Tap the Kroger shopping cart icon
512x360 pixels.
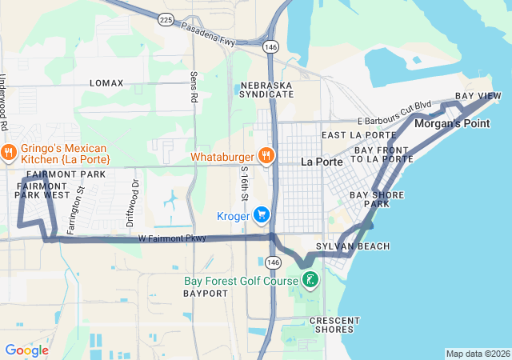pyautogui.click(x=261, y=214)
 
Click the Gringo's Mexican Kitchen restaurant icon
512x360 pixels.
pyautogui.click(x=9, y=151)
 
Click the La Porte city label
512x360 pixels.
pyautogui.click(x=322, y=162)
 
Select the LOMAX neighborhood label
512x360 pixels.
pyautogui.click(x=106, y=83)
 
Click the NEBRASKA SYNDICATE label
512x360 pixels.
pyautogui.click(x=266, y=89)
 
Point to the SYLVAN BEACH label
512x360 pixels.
pyautogui.click(x=353, y=246)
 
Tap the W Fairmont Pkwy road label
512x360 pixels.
pyautogui.click(x=172, y=238)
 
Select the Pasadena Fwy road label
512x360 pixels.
pyautogui.click(x=210, y=37)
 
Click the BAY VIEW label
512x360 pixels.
pyautogui.click(x=478, y=96)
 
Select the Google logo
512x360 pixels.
pyautogui.click(x=26, y=350)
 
